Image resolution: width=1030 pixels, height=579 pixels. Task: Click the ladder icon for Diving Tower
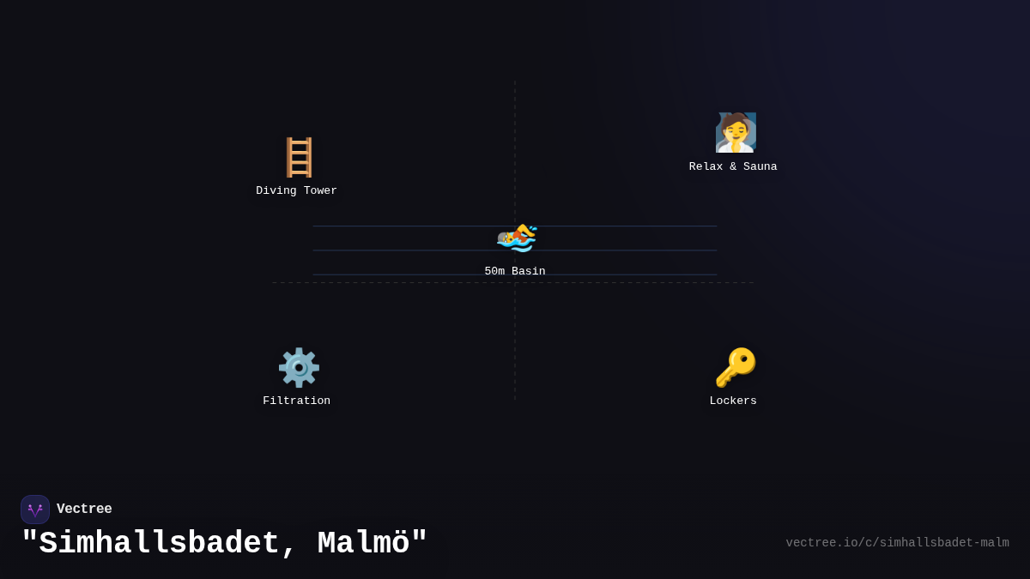[299, 158]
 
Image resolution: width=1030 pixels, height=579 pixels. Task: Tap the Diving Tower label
[296, 191]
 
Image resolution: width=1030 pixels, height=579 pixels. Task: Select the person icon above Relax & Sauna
[735, 133]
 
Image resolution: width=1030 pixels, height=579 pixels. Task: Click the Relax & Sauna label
[733, 167]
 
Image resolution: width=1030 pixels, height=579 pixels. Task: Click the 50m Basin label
[515, 272]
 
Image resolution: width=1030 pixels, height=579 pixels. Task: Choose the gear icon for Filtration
[299, 368]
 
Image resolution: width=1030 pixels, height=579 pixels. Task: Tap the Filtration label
[296, 401]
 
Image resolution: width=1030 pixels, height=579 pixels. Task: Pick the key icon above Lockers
[735, 368]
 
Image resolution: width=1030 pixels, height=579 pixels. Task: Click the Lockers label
[733, 401]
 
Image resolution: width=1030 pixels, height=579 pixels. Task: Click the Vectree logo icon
[35, 510]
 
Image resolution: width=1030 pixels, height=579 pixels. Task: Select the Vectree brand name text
[84, 510]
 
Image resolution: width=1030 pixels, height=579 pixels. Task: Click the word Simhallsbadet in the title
[160, 544]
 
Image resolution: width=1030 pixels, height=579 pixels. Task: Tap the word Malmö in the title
[364, 544]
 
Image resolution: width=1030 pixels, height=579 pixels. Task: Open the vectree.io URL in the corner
[897, 543]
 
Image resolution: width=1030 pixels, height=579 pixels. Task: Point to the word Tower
[320, 191]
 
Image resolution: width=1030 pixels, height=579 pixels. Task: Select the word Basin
[529, 272]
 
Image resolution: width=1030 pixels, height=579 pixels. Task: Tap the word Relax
[706, 167]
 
